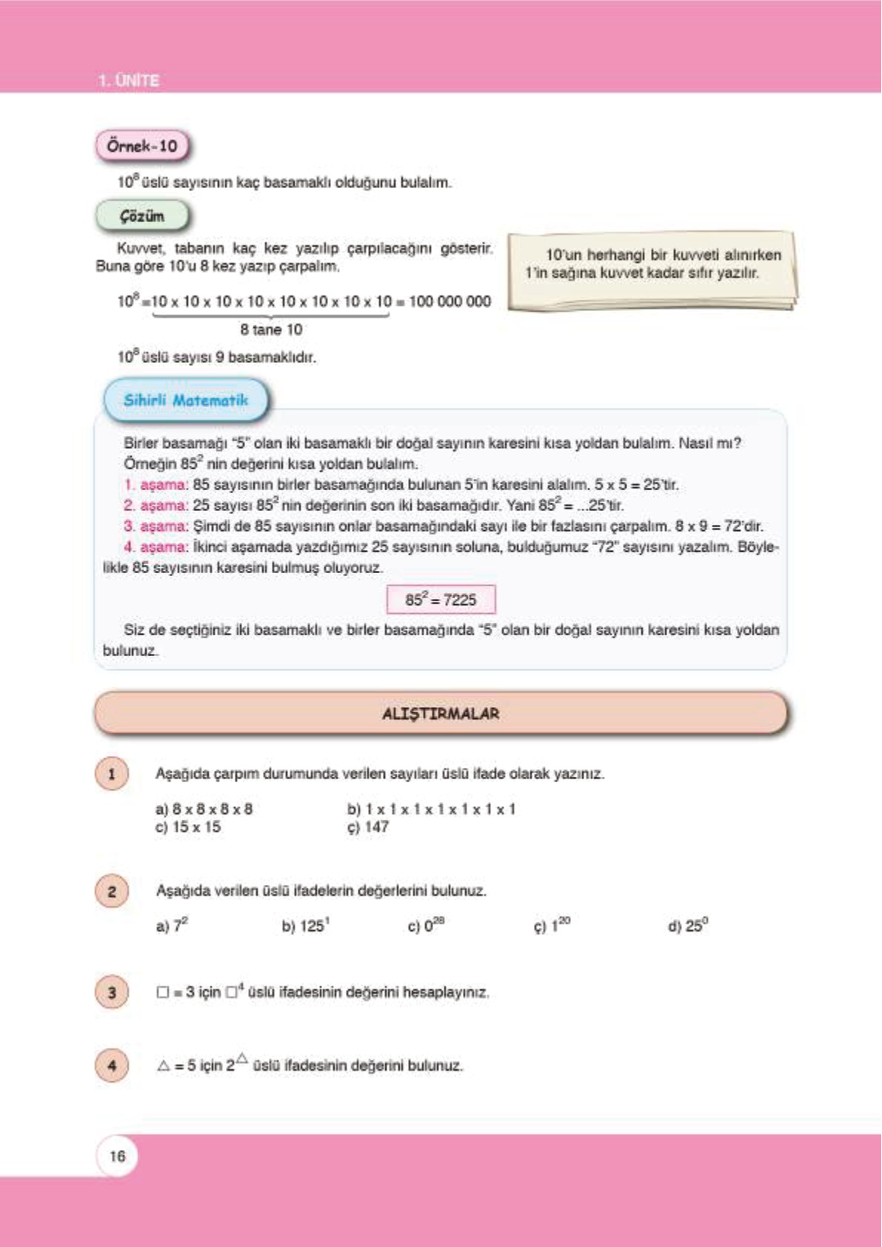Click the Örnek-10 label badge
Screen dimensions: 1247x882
(142, 146)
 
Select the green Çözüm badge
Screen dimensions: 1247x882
(142, 216)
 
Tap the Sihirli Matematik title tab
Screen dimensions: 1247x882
(186, 400)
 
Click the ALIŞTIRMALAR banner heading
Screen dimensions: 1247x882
(441, 714)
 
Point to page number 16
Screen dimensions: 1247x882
(117, 1156)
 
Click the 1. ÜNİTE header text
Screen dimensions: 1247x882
(129, 80)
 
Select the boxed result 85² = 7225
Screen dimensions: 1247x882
(441, 600)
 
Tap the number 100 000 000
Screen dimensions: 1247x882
(450, 301)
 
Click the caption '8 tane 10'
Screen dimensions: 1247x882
(271, 330)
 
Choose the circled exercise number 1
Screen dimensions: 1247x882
(112, 775)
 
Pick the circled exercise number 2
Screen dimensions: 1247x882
(112, 891)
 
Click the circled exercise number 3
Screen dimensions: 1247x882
(112, 992)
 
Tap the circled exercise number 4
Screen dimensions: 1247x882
(112, 1066)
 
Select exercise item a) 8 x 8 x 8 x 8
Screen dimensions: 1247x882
(204, 809)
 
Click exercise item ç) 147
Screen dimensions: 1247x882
(368, 827)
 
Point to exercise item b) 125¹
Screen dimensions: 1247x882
(306, 926)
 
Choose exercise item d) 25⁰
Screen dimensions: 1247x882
(688, 926)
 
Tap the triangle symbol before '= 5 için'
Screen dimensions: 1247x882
(164, 1066)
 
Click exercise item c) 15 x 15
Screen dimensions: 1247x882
(188, 827)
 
